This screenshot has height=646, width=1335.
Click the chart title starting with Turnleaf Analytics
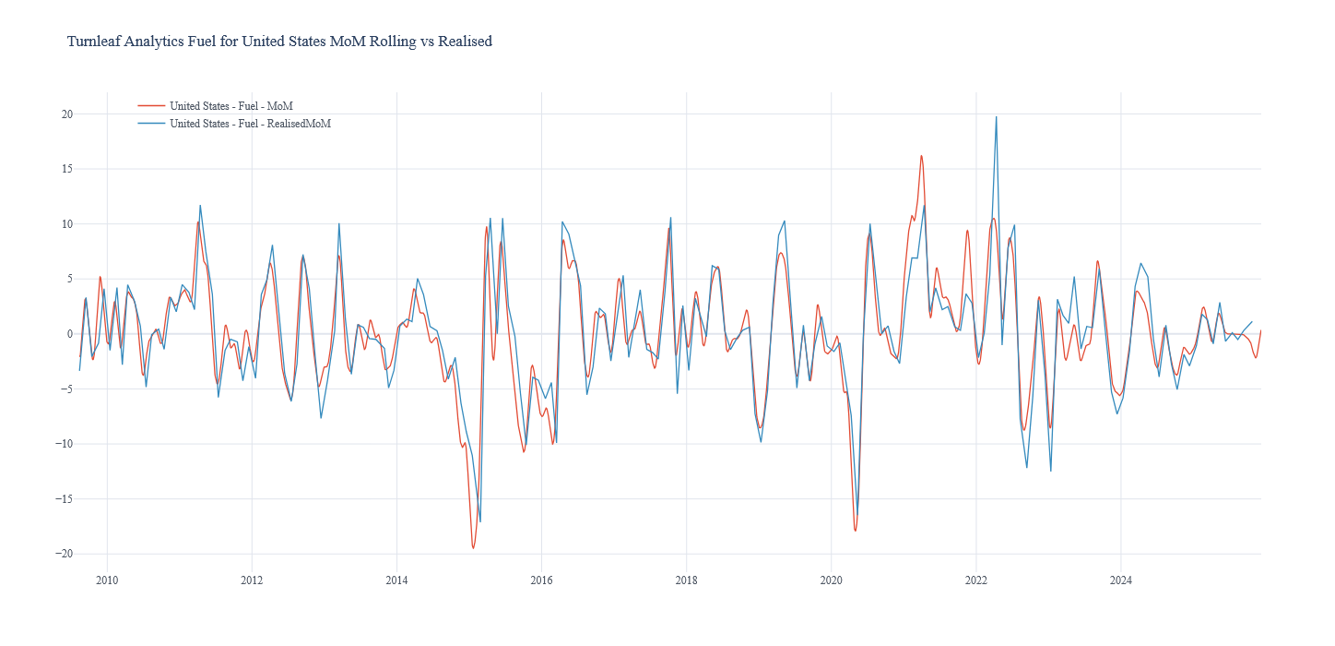[x=279, y=42]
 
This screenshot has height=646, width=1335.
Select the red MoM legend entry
[x=230, y=106]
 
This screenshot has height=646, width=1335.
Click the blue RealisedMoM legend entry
[x=250, y=124]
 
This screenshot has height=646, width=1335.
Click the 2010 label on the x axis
[x=107, y=580]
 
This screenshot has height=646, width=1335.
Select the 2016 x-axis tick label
[x=541, y=580]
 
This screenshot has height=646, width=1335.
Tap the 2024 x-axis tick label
[x=1120, y=580]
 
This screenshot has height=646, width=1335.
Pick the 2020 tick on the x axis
[x=831, y=580]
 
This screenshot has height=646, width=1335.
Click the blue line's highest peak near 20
[x=996, y=117]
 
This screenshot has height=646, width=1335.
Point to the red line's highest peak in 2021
[x=921, y=156]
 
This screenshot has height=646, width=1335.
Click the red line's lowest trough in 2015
[x=473, y=548]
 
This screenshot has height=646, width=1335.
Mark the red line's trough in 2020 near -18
[x=855, y=531]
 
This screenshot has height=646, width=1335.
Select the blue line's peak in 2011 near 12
[x=200, y=205]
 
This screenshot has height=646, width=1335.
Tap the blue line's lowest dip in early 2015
[x=479, y=521]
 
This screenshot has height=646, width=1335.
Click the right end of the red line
[x=1260, y=330]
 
